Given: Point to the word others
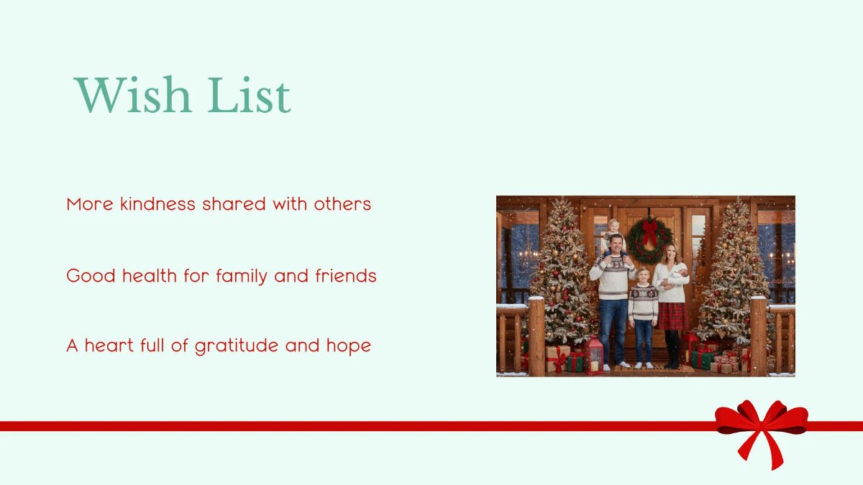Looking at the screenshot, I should pyautogui.click(x=342, y=204).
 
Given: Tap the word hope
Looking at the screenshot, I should pyautogui.click(x=348, y=346).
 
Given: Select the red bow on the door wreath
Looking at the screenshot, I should pyautogui.click(x=650, y=231).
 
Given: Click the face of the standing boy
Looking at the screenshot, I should pyautogui.click(x=642, y=277).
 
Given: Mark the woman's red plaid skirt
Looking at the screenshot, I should pyautogui.click(x=672, y=315).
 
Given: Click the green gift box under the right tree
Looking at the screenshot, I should pyautogui.click(x=703, y=359).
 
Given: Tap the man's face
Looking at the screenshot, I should pyautogui.click(x=615, y=245).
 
